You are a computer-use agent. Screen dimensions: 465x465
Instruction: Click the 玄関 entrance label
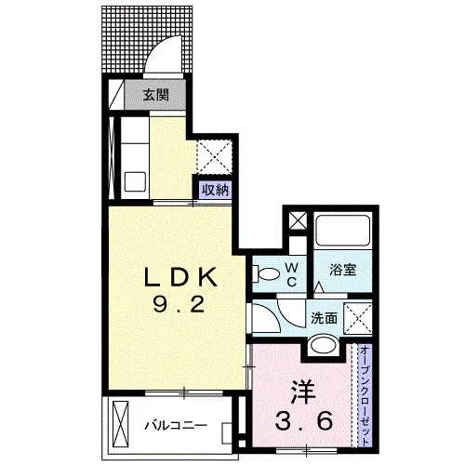point(155,95)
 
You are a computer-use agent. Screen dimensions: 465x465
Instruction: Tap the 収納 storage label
point(215,190)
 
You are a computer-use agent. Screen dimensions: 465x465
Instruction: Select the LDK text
point(180,277)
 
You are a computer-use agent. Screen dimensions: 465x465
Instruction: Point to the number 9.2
point(179,304)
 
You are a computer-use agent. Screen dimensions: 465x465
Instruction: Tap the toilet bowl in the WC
point(266,273)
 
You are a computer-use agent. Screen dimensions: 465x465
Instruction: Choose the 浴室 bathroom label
point(342,270)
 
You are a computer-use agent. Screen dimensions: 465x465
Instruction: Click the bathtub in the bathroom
point(342,230)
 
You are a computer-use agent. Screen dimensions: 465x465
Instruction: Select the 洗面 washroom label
point(324,318)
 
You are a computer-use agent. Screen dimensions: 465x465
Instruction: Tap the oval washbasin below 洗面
point(324,344)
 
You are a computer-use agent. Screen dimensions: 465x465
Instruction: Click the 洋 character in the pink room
point(303,393)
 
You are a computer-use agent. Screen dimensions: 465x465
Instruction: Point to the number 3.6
point(304,421)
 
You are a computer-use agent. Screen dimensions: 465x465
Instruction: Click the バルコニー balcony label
point(176,425)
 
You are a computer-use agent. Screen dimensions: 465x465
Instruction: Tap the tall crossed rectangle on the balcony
point(120,424)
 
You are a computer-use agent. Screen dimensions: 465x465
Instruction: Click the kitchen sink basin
point(135,182)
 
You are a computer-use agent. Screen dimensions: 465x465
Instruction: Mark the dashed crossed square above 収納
point(215,157)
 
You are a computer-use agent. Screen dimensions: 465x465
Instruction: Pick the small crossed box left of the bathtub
point(298,221)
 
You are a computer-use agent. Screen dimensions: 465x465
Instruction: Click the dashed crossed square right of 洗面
point(358,319)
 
